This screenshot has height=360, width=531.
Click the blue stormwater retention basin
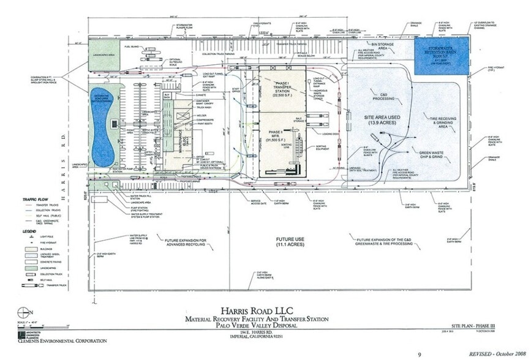click(440, 55)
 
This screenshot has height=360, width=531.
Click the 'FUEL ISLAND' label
click(131, 47)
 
